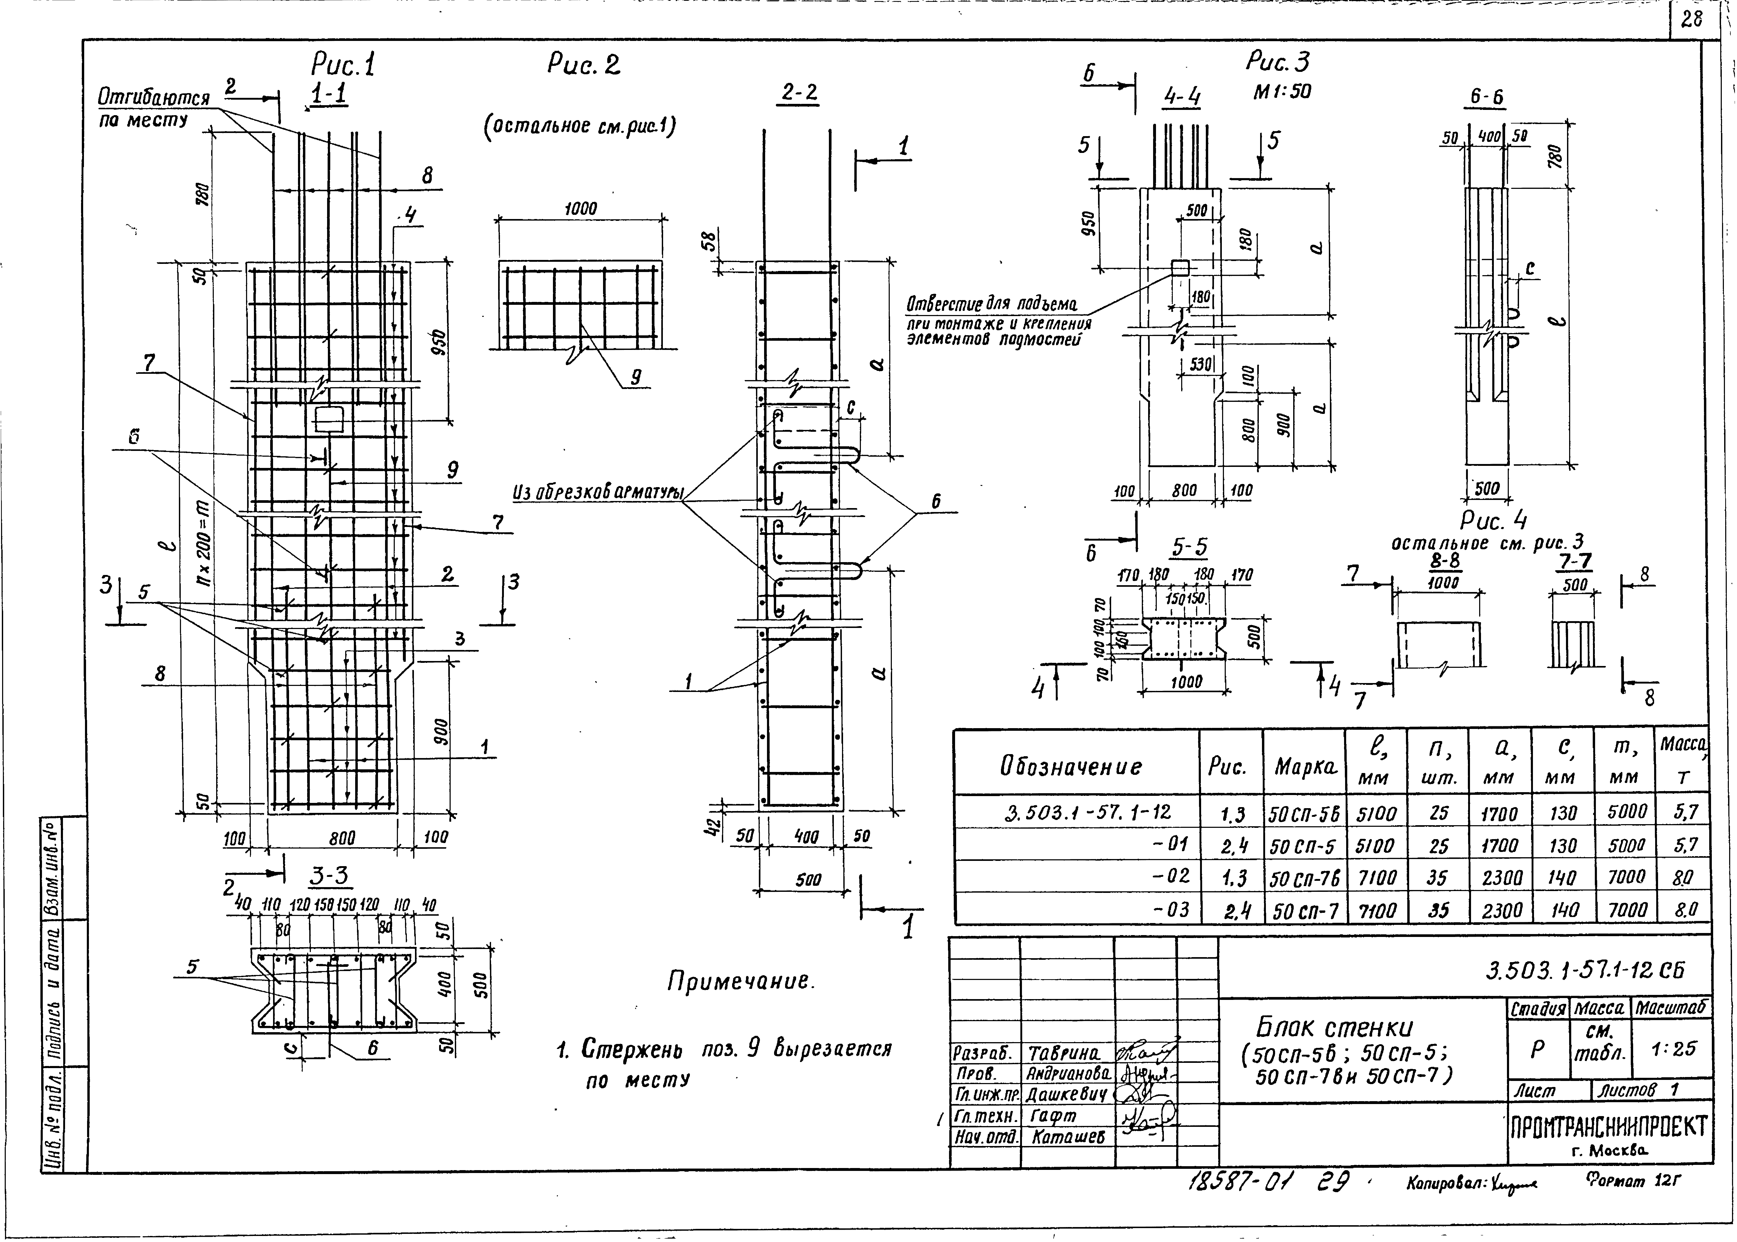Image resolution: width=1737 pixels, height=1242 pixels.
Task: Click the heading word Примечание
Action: (x=740, y=981)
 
